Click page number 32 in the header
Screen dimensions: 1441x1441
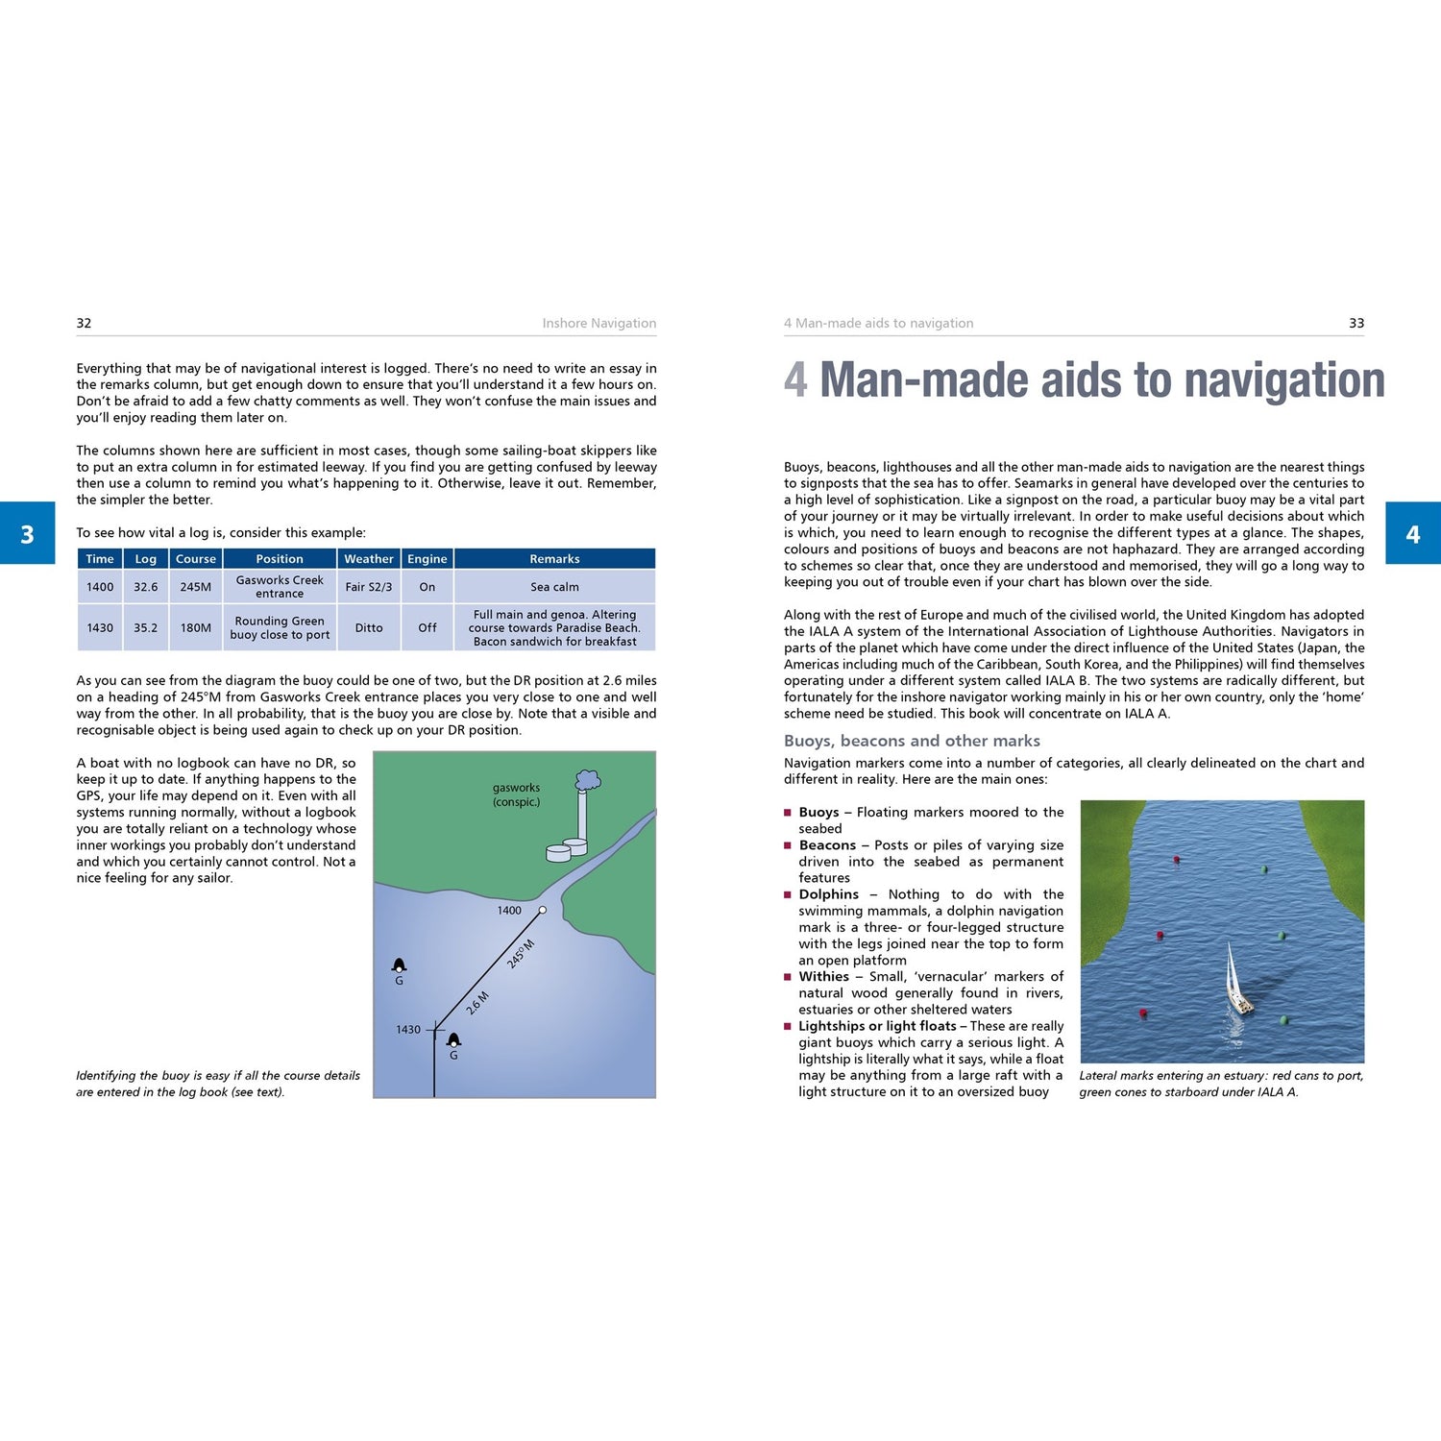[84, 324]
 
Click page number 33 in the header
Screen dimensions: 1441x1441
[1356, 324]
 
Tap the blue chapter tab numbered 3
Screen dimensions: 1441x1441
[27, 533]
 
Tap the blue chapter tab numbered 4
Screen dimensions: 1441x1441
[1412, 533]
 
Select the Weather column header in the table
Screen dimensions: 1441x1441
[369, 559]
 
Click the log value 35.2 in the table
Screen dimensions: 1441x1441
[146, 628]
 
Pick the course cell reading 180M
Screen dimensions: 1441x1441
[196, 628]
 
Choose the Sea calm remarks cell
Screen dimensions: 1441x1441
[554, 587]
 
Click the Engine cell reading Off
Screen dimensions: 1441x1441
[427, 628]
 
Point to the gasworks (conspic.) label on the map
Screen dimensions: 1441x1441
[516, 794]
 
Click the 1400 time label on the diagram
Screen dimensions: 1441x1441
[509, 911]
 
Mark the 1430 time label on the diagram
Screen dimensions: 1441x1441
[408, 1030]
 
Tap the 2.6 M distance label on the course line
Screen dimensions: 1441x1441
[477, 1003]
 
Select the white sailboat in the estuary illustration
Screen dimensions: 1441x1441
[1236, 982]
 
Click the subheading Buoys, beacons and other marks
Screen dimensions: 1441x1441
[912, 741]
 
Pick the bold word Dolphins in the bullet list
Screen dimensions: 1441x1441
[829, 894]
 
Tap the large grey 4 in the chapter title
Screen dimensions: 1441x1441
[795, 379]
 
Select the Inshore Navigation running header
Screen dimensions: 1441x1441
[598, 324]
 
